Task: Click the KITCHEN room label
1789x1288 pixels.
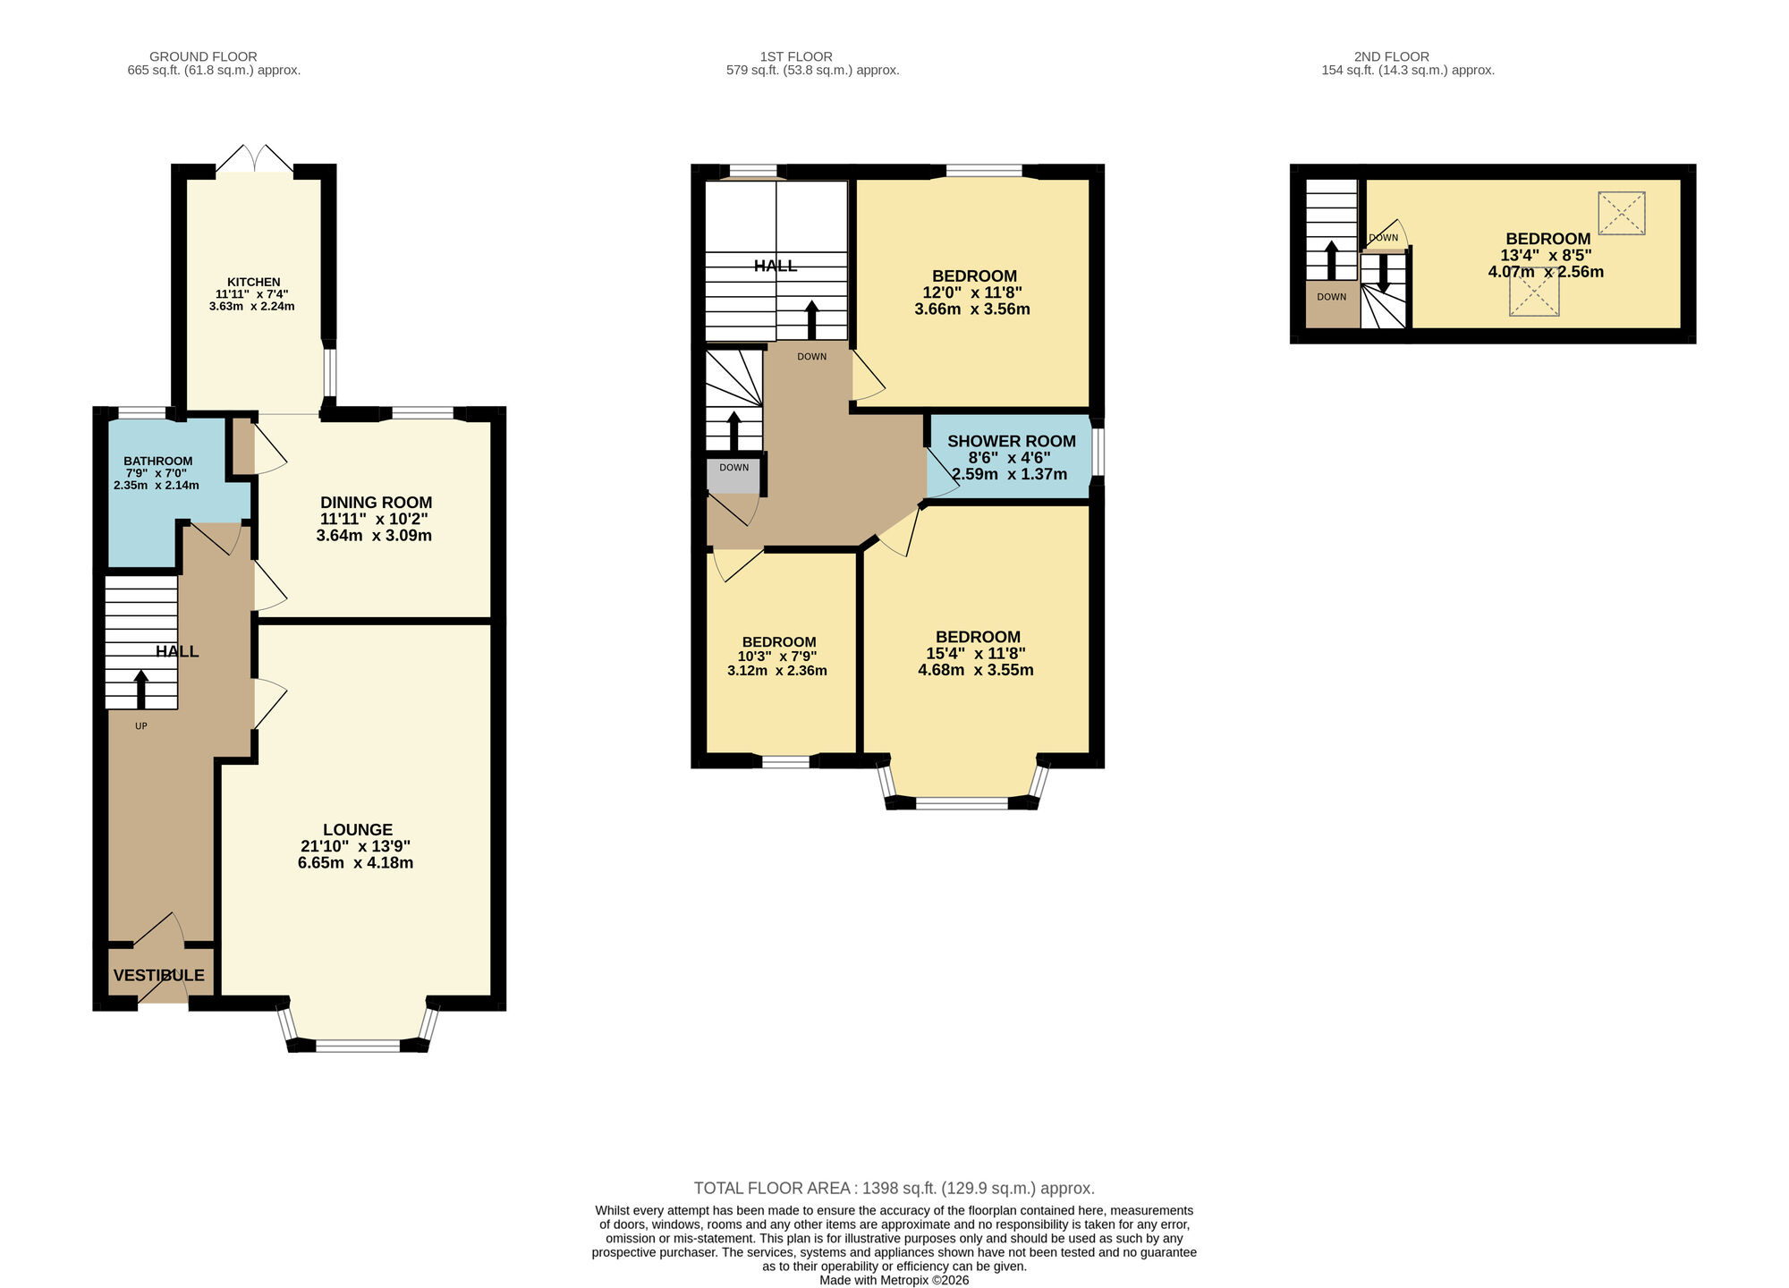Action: point(253,282)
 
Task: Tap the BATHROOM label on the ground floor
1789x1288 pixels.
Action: point(157,461)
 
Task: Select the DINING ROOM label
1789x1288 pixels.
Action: point(376,503)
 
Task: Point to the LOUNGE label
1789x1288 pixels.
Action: point(357,829)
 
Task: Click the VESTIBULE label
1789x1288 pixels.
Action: point(158,975)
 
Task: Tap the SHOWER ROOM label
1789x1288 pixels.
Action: point(1011,441)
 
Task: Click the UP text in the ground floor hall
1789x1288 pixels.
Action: point(140,726)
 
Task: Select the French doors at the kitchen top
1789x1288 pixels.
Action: point(254,161)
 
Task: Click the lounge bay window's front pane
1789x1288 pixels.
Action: point(358,1045)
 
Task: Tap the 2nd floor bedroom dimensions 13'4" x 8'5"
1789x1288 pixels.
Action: point(1546,255)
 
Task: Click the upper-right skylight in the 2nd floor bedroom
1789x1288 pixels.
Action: point(1621,213)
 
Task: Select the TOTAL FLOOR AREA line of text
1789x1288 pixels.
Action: point(894,1188)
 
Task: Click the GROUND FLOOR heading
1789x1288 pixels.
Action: point(203,56)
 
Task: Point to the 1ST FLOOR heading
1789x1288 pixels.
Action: point(796,56)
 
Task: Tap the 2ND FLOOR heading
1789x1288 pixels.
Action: point(1391,56)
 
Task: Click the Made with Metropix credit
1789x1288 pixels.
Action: point(894,1280)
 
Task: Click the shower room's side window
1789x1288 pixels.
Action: point(1098,453)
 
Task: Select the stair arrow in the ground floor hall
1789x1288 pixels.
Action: point(140,690)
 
